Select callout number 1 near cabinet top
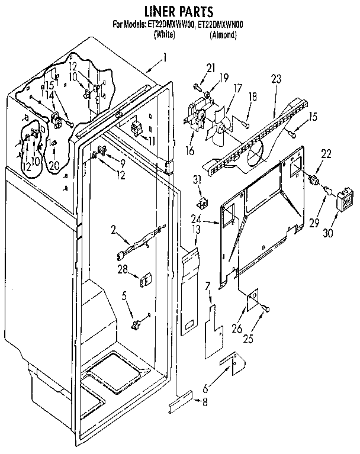pos(165,59)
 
